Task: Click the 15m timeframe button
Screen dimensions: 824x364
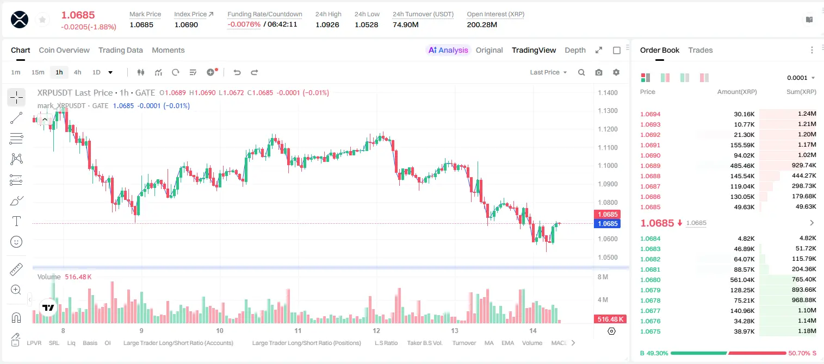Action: (x=38, y=72)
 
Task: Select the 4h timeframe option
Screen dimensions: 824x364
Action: (x=77, y=72)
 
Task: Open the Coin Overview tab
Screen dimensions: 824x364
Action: (x=64, y=50)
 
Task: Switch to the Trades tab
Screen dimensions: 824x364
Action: (x=701, y=50)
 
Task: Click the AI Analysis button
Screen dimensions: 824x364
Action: (x=448, y=50)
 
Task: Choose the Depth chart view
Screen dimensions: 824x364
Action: (x=575, y=50)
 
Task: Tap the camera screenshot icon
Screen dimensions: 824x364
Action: (x=599, y=72)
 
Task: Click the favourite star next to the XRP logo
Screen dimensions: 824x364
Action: (x=42, y=20)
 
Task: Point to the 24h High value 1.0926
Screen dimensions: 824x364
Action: (x=327, y=24)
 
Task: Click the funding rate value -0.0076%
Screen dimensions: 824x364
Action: (x=244, y=24)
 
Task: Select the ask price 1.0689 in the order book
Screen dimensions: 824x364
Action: (x=650, y=166)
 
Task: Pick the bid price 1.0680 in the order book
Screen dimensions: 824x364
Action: (x=650, y=280)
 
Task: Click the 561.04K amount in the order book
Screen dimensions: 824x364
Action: (x=742, y=280)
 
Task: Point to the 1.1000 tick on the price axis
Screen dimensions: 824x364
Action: (x=608, y=166)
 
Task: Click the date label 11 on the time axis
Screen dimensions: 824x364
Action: (x=298, y=330)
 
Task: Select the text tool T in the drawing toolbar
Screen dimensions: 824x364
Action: (x=16, y=222)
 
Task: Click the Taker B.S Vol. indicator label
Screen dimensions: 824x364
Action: (x=424, y=343)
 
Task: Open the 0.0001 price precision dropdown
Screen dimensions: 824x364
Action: (x=801, y=78)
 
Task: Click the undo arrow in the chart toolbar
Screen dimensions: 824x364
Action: (x=237, y=72)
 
